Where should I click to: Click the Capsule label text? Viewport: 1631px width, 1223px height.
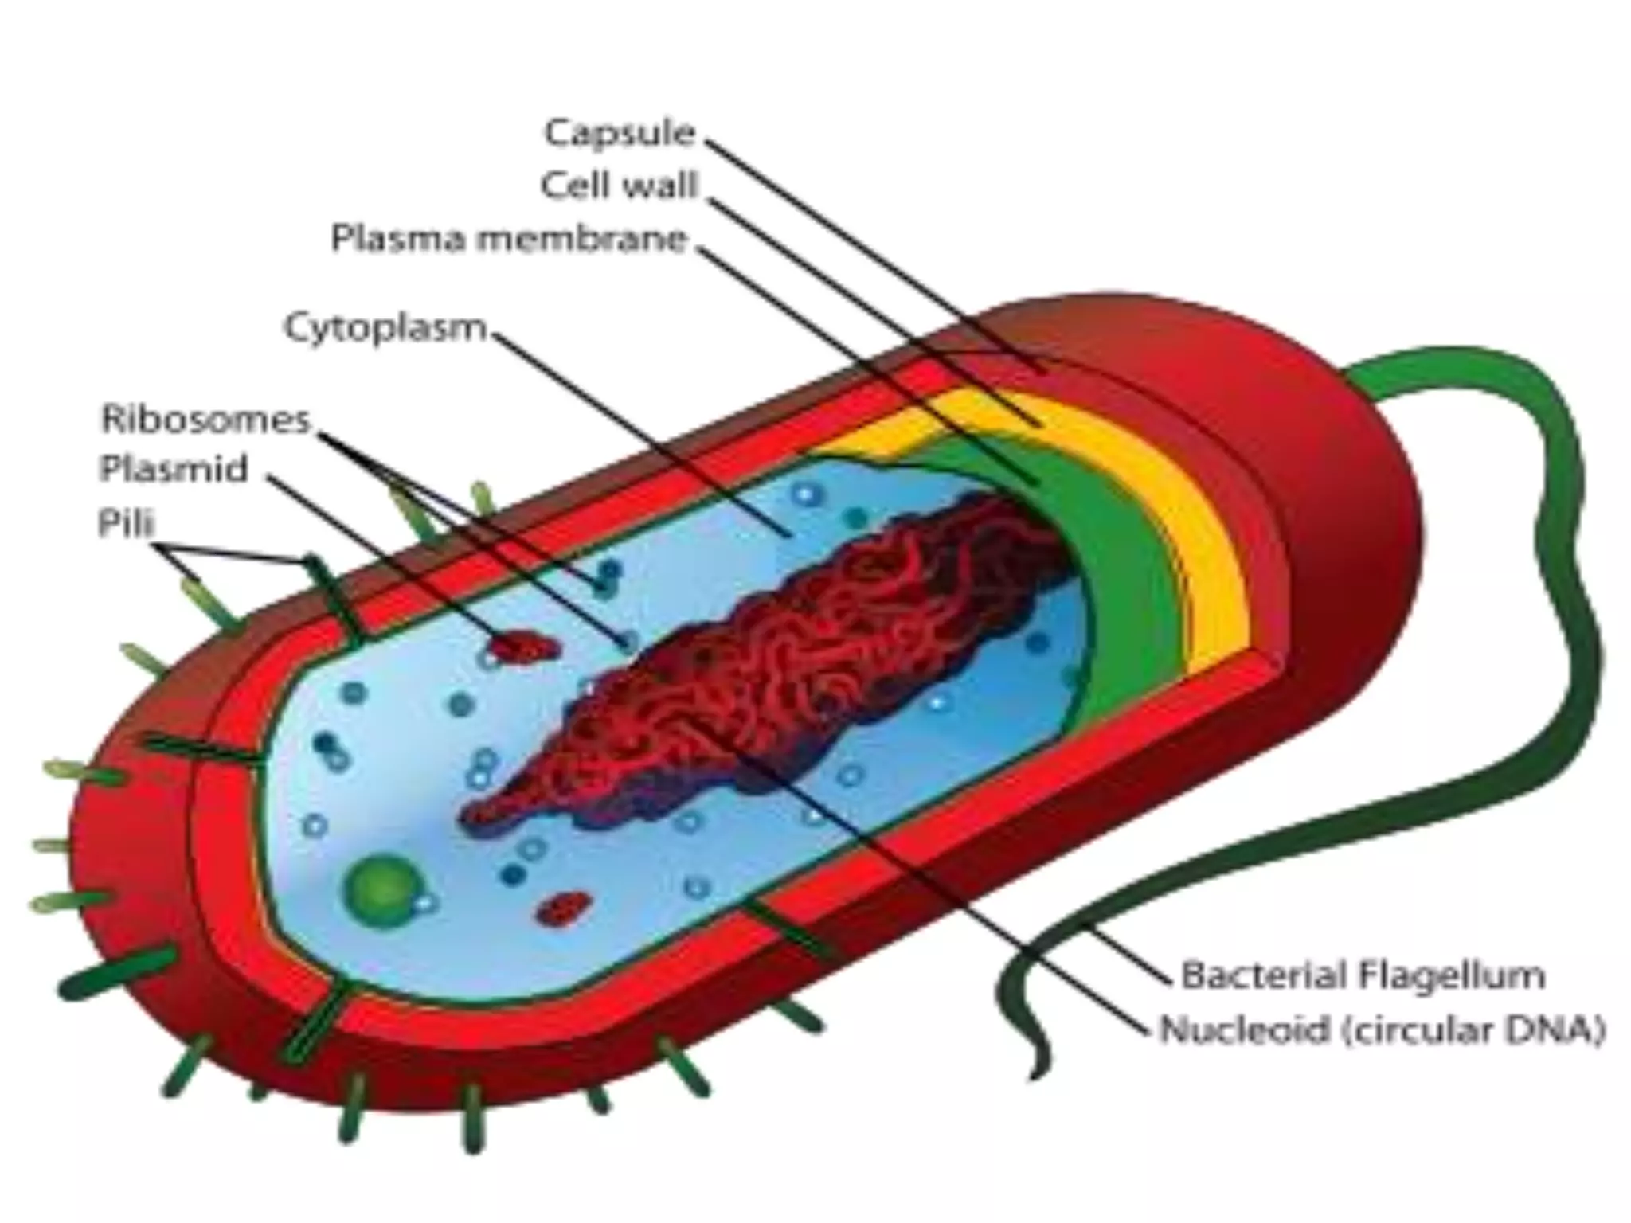pos(620,132)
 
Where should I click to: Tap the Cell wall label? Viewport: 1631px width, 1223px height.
pos(619,186)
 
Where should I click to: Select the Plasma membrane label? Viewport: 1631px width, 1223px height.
pos(508,238)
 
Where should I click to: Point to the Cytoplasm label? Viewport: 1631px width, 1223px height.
pos(385,327)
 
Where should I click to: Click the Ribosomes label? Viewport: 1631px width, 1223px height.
pos(205,419)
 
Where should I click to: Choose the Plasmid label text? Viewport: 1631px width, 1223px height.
pos(174,468)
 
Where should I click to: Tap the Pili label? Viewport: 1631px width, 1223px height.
pos(126,523)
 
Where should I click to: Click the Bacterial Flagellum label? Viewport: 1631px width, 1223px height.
pos(1363,975)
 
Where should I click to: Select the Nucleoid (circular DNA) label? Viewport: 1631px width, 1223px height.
pos(1382,1029)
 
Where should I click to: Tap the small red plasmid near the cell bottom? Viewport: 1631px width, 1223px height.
pos(564,907)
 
